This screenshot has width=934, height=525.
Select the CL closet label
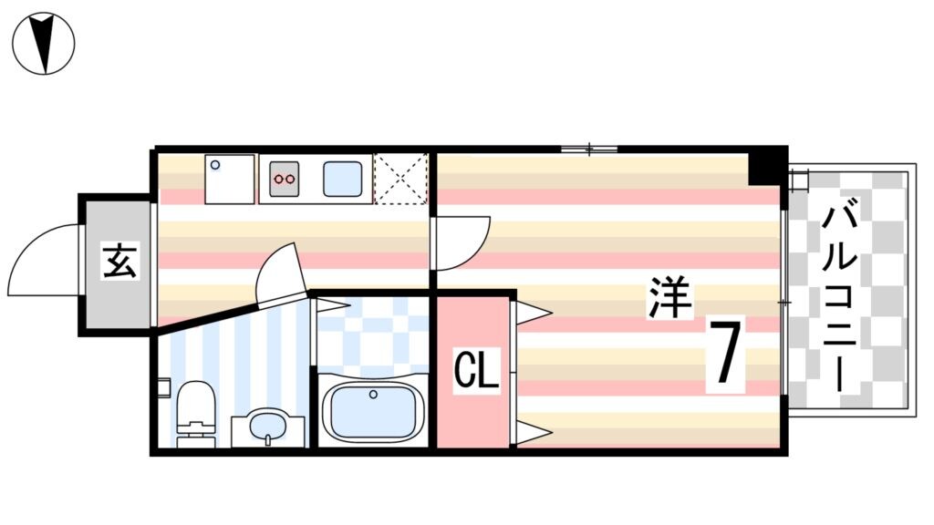click(477, 371)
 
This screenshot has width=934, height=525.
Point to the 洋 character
click(671, 298)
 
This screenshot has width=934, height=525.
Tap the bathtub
click(373, 411)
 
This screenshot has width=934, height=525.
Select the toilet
click(193, 415)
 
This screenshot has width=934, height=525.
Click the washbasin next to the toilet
click(266, 427)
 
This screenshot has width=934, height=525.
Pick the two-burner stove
click(285, 179)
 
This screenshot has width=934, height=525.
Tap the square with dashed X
click(401, 179)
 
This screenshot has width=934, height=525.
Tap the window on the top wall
click(588, 149)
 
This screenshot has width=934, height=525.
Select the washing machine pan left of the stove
click(231, 179)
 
